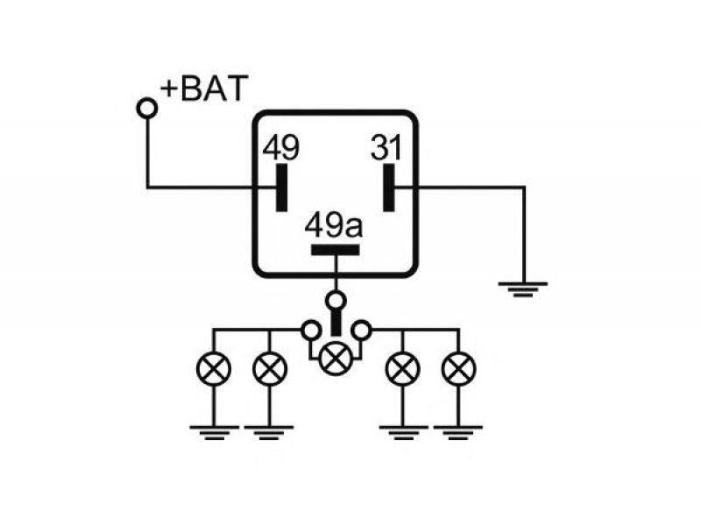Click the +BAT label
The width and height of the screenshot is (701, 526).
pyautogui.click(x=204, y=89)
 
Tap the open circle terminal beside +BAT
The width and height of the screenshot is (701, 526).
pyautogui.click(x=147, y=108)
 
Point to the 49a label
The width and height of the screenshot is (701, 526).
pyautogui.click(x=334, y=225)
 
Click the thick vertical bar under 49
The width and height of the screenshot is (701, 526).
pyautogui.click(x=281, y=188)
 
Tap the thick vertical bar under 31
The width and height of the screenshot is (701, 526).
pyautogui.click(x=389, y=188)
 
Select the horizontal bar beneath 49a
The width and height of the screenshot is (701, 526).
pyautogui.click(x=336, y=250)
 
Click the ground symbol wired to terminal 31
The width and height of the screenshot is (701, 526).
pyautogui.click(x=523, y=289)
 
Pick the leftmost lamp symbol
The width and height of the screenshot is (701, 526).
pyautogui.click(x=214, y=369)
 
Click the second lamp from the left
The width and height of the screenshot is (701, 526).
pyautogui.click(x=270, y=369)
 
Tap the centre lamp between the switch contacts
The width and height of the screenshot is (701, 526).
pyautogui.click(x=336, y=358)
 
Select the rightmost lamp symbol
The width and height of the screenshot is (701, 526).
pyautogui.click(x=458, y=369)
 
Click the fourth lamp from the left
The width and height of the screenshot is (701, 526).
pyautogui.click(x=403, y=369)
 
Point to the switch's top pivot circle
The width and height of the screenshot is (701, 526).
pyautogui.click(x=336, y=301)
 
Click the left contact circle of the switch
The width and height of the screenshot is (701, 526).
pyautogui.click(x=311, y=331)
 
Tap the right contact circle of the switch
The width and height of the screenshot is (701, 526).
pyautogui.click(x=361, y=331)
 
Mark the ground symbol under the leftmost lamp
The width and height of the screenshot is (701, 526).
pyautogui.click(x=214, y=432)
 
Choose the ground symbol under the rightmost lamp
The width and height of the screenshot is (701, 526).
pyautogui.click(x=458, y=432)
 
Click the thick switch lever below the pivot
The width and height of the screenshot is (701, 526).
pyautogui.click(x=336, y=323)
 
